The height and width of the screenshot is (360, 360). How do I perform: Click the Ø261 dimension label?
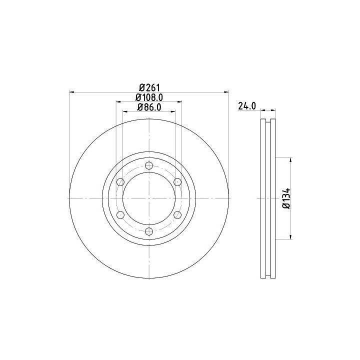pyautogui.click(x=149, y=87)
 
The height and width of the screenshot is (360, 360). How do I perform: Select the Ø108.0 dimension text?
pyautogui.click(x=149, y=97)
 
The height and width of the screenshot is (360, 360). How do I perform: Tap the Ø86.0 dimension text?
pyautogui.click(x=149, y=107)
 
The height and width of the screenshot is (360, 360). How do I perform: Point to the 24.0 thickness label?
pyautogui.click(x=247, y=106)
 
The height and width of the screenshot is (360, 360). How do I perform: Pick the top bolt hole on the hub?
pyautogui.click(x=149, y=165)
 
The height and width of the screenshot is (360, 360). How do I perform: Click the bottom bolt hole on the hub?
pyautogui.click(x=149, y=231)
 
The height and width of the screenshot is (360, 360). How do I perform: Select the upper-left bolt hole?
pyautogui.click(x=120, y=182)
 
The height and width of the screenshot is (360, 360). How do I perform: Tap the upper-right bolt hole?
pyautogui.click(x=177, y=182)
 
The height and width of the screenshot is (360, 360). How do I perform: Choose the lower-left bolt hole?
pyautogui.click(x=120, y=215)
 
